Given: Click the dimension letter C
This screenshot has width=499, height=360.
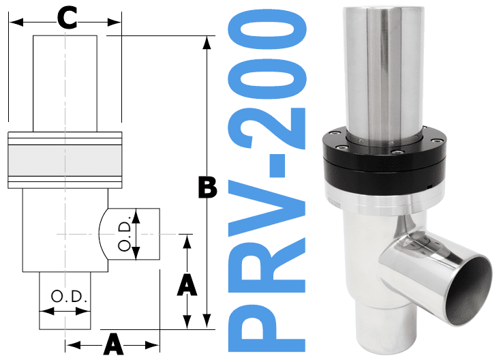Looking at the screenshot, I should point(66,18).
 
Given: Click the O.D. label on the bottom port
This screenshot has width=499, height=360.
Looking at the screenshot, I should point(65,297).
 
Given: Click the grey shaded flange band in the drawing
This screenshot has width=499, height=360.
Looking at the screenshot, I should point(65,161).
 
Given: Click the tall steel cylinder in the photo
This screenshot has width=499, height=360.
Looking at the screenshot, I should point(385,68).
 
